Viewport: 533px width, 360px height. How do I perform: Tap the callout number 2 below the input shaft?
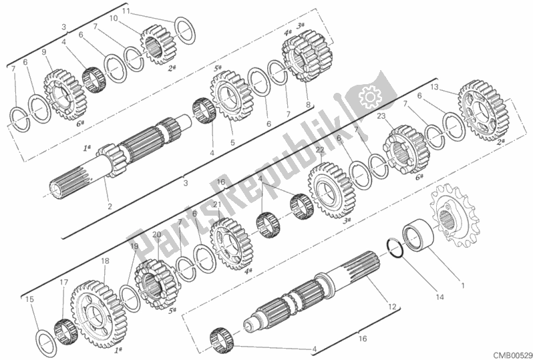(x=110, y=206)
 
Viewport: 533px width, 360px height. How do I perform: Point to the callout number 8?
(x=308, y=104)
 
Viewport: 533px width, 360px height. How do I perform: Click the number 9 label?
(x=44, y=52)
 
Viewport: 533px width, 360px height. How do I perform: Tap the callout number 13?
(x=435, y=87)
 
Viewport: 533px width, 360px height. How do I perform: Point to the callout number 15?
(x=29, y=300)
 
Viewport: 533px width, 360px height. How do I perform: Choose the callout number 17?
(x=64, y=282)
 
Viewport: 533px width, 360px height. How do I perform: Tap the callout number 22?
(x=321, y=150)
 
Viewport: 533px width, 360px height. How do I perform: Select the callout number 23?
(x=380, y=116)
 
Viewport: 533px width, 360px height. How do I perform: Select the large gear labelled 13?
(x=480, y=108)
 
